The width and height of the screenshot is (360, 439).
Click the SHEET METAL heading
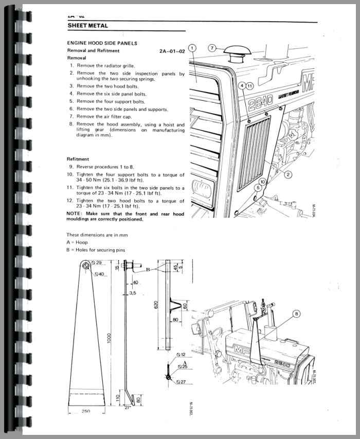[87, 26]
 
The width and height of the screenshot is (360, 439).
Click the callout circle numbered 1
[192, 49]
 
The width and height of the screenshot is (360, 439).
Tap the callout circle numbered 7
[212, 48]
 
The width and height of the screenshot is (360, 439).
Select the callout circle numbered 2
[289, 175]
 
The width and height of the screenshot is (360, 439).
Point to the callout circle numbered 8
[311, 313]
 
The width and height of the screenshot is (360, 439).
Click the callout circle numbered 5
[258, 188]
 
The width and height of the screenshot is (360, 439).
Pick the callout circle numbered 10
[263, 181]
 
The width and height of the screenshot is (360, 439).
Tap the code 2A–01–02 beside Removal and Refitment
[172, 51]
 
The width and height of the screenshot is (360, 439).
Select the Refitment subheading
[78, 159]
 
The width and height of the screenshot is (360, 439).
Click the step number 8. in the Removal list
[71, 124]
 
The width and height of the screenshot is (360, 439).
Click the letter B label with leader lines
[148, 268]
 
